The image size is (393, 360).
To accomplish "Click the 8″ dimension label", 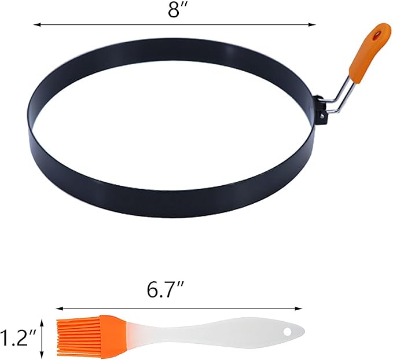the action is tap(176, 10).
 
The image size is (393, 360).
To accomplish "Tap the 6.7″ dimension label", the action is tap(166, 291).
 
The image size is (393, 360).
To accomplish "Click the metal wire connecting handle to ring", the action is tap(339, 98).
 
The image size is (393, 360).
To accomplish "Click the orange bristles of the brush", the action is tap(91, 336).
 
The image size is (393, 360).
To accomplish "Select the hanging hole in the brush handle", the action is tap(287, 332).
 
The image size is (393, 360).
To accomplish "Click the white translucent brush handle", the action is tap(213, 332).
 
